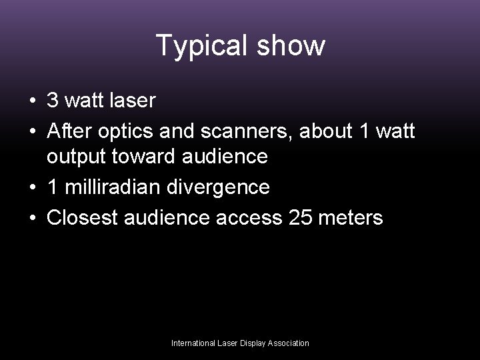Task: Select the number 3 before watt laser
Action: tap(53, 101)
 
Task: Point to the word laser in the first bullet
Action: tap(133, 101)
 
